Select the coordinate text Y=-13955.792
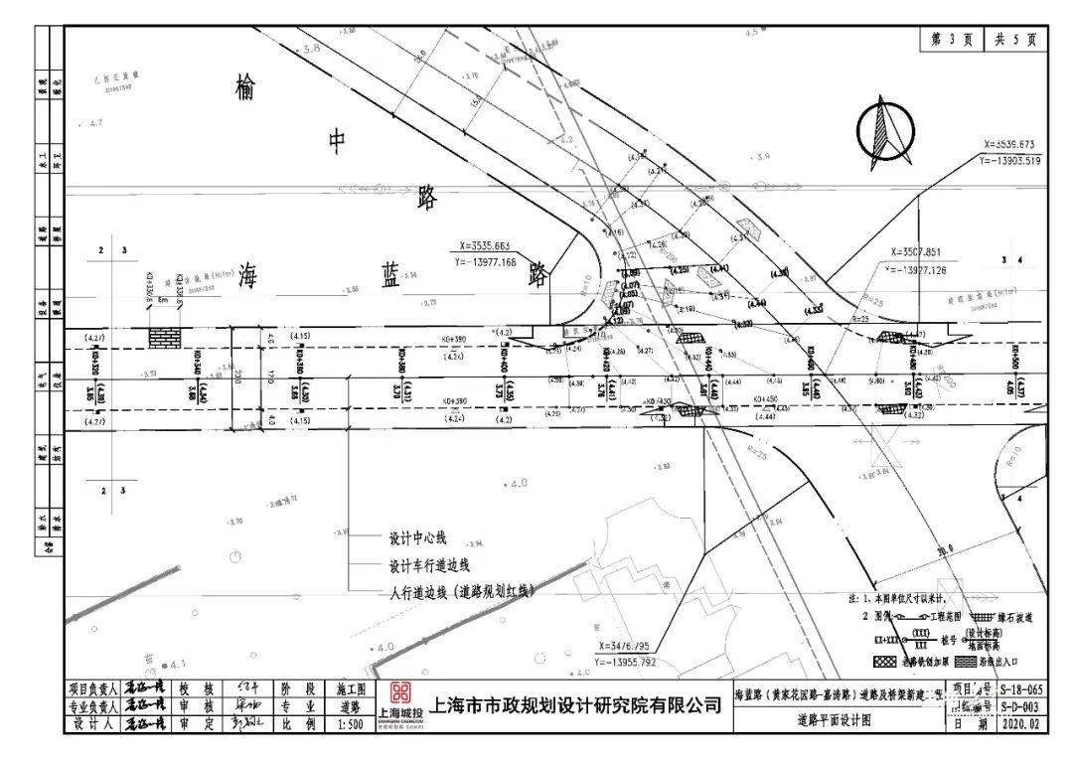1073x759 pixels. click(x=640, y=661)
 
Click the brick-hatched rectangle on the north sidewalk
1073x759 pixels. click(x=164, y=338)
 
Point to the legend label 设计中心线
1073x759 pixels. click(x=417, y=538)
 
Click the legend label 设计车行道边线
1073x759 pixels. click(x=429, y=565)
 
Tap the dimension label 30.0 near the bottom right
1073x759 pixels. click(x=943, y=547)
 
